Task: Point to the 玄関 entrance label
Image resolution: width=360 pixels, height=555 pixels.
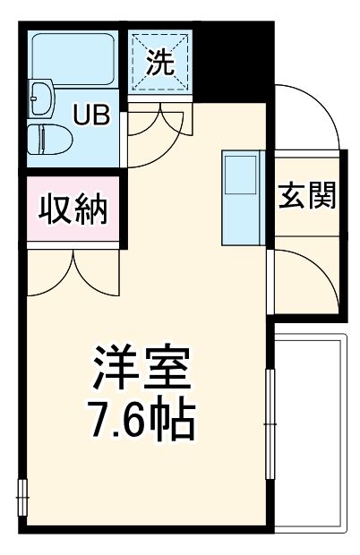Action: point(306,197)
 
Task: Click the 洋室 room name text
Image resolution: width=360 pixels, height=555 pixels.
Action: point(141,367)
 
